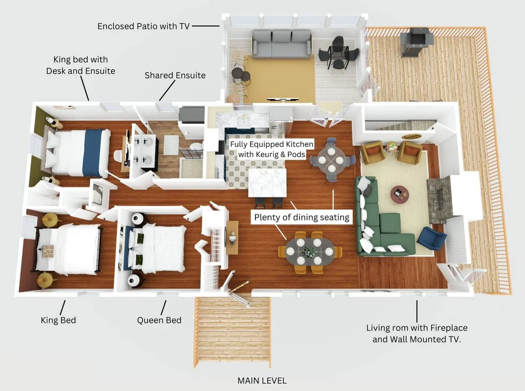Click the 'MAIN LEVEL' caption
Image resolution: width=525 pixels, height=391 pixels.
[x=262, y=381]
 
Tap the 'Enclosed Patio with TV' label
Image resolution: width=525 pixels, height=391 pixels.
[x=143, y=26]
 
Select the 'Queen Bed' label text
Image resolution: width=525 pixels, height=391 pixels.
[x=159, y=321]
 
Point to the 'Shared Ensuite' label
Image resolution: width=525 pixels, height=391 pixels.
[x=175, y=75]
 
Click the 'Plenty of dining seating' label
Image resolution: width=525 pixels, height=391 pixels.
[x=301, y=217]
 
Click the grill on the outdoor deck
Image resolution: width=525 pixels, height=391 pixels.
[x=417, y=42]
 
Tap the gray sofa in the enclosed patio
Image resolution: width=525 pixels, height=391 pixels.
[x=281, y=44]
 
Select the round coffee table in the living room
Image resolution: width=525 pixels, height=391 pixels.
[x=399, y=195]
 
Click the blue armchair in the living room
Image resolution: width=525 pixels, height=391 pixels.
[x=431, y=238]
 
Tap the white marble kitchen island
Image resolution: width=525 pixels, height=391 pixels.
[x=267, y=183]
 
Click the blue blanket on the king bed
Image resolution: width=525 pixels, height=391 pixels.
[x=94, y=153]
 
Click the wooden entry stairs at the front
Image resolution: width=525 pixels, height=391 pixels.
[x=232, y=331]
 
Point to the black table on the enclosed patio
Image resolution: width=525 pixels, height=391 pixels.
[x=338, y=54]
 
